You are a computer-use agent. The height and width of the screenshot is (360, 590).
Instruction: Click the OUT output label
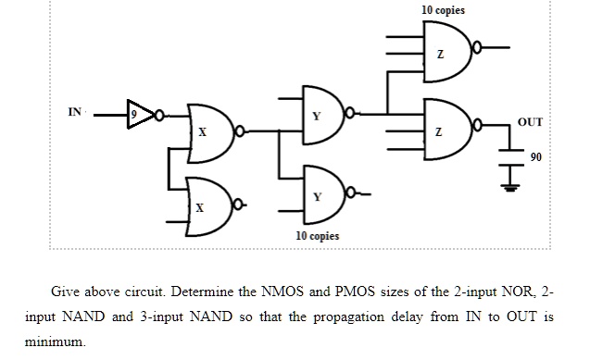point(529,122)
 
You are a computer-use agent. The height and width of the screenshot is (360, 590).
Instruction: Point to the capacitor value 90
point(535,157)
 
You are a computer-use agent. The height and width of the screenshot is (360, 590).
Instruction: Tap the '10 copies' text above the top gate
point(443,10)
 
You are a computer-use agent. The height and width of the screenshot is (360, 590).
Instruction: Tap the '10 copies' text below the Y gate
point(317,236)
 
